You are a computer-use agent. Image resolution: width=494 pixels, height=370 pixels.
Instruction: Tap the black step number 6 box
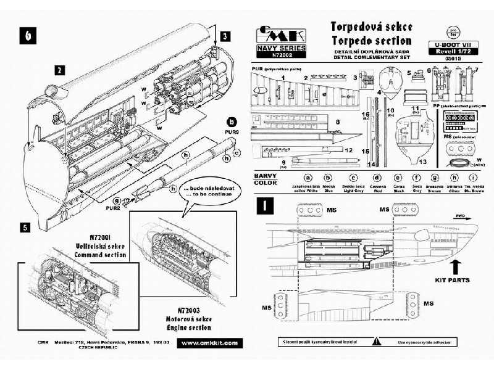click(x=27, y=36)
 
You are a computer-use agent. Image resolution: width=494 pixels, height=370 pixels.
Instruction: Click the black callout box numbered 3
click(x=226, y=37)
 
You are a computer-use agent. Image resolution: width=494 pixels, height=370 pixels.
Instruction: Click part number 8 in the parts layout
click(x=338, y=123)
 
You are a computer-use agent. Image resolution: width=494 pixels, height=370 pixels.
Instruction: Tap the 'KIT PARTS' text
click(x=453, y=280)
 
